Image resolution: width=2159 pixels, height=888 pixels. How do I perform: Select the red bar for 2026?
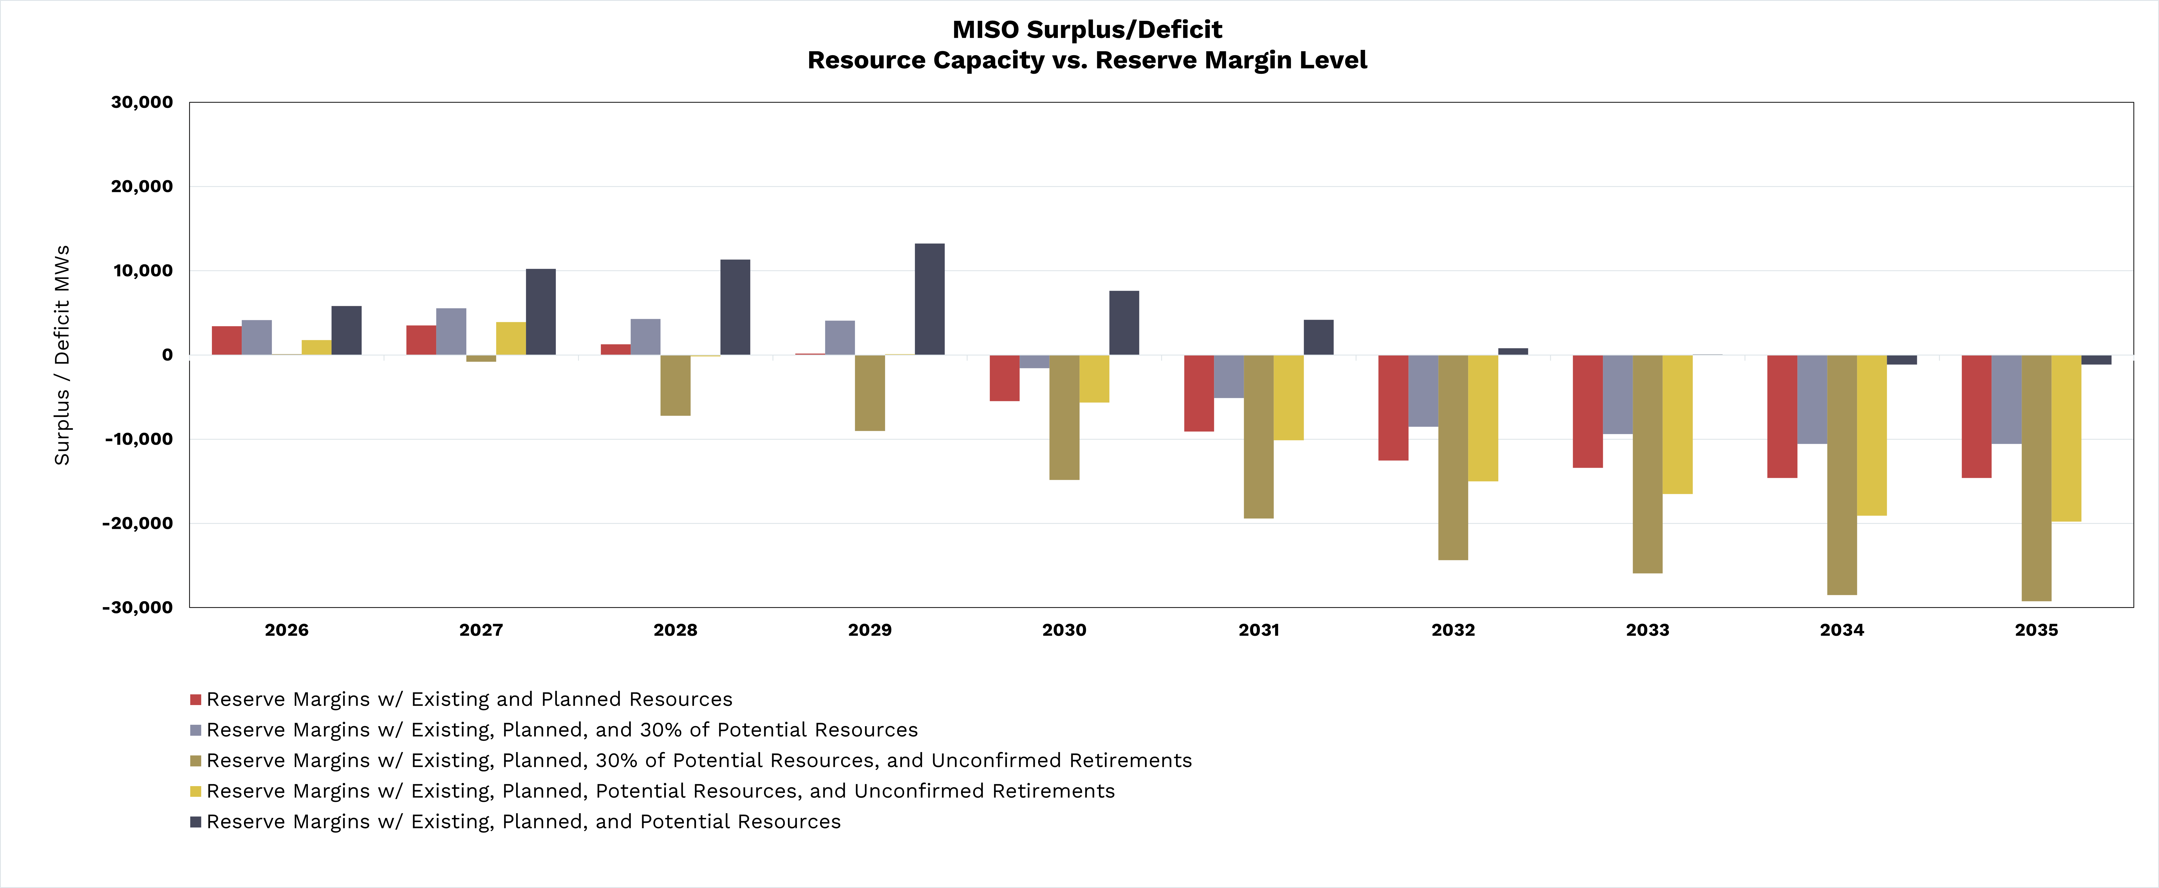pyautogui.click(x=226, y=341)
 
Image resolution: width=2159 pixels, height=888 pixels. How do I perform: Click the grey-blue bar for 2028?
pyautogui.click(x=645, y=337)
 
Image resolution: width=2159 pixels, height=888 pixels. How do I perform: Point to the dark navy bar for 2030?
pyautogui.click(x=1124, y=323)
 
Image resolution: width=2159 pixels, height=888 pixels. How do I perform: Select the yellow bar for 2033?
pyautogui.click(x=1677, y=424)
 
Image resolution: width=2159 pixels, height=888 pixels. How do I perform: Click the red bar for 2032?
pyautogui.click(x=1393, y=408)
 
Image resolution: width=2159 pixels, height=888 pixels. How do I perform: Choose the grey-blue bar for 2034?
pyautogui.click(x=1812, y=399)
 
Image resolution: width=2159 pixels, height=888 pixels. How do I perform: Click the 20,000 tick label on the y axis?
pyautogui.click(x=142, y=186)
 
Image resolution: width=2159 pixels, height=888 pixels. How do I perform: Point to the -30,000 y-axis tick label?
pyautogui.click(x=137, y=607)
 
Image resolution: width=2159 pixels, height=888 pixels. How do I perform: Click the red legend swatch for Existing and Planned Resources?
pyautogui.click(x=195, y=699)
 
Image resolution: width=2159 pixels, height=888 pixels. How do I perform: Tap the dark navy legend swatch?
pyautogui.click(x=195, y=822)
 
